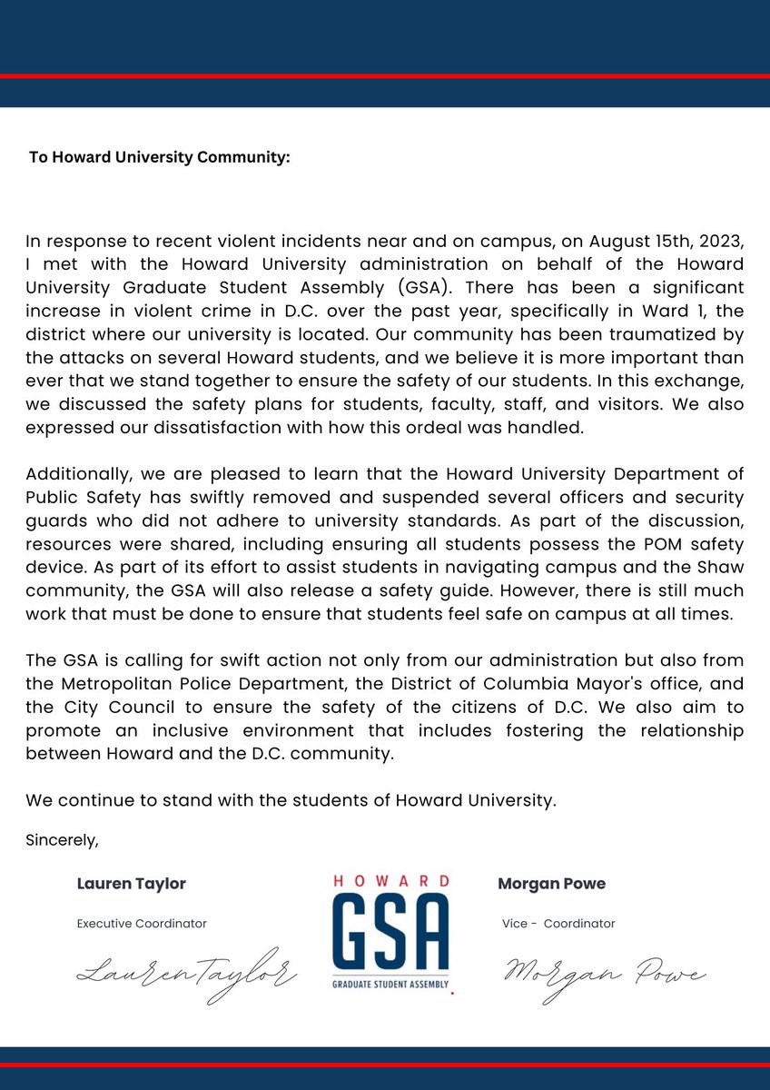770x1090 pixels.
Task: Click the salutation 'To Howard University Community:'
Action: tap(159, 157)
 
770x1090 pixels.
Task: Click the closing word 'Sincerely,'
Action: tap(62, 840)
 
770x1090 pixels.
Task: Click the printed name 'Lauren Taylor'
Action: tap(131, 884)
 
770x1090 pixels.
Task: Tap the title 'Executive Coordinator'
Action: tap(141, 924)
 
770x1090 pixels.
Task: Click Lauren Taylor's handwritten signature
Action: tap(186, 975)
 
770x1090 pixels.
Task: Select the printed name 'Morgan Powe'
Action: tap(551, 884)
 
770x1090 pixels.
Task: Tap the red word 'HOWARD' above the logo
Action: tap(390, 881)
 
